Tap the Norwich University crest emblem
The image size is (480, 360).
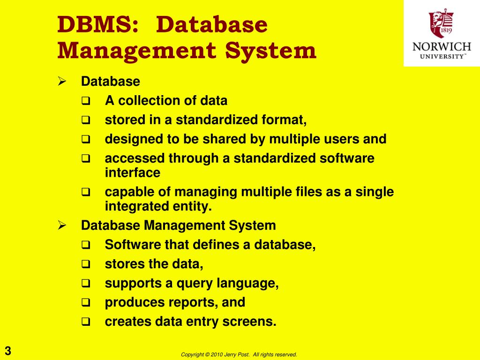tap(441, 24)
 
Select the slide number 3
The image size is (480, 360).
tap(8, 351)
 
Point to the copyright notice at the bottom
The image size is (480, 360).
tap(239, 355)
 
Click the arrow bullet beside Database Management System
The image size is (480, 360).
tap(61, 225)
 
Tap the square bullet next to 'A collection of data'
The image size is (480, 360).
tap(86, 101)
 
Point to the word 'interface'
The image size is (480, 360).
tap(133, 172)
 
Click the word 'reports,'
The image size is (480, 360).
tap(196, 302)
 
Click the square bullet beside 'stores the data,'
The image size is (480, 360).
tap(86, 264)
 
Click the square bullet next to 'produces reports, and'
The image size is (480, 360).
tap(86, 303)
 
